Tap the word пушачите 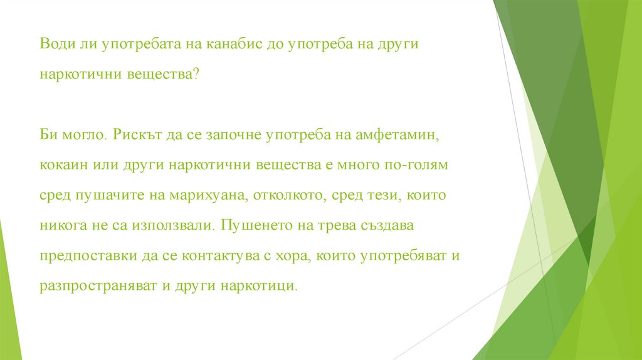tap(102, 195)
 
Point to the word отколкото tap(288, 195)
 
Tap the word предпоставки tap(82, 255)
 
